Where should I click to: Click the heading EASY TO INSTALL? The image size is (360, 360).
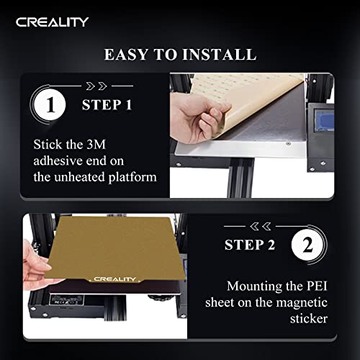(x=179, y=55)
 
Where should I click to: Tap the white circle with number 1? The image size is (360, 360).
(x=50, y=105)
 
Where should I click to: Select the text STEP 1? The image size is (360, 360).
(x=107, y=105)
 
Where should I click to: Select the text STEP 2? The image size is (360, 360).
(x=250, y=245)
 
